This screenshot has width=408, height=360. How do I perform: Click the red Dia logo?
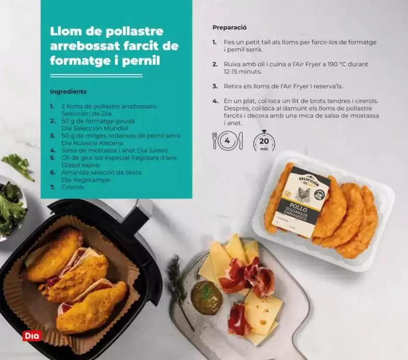tap(32, 336)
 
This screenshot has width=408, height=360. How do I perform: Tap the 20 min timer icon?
tap(263, 140)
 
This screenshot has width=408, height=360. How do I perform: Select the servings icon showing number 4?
tap(227, 140)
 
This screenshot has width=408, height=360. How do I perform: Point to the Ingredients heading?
tap(68, 92)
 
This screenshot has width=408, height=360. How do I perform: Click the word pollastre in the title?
tap(132, 31)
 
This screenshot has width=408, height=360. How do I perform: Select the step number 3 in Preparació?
tap(215, 86)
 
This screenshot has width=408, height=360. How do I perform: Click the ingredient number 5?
tap(52, 158)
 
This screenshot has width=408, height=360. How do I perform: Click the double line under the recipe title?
tap(96, 75)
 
